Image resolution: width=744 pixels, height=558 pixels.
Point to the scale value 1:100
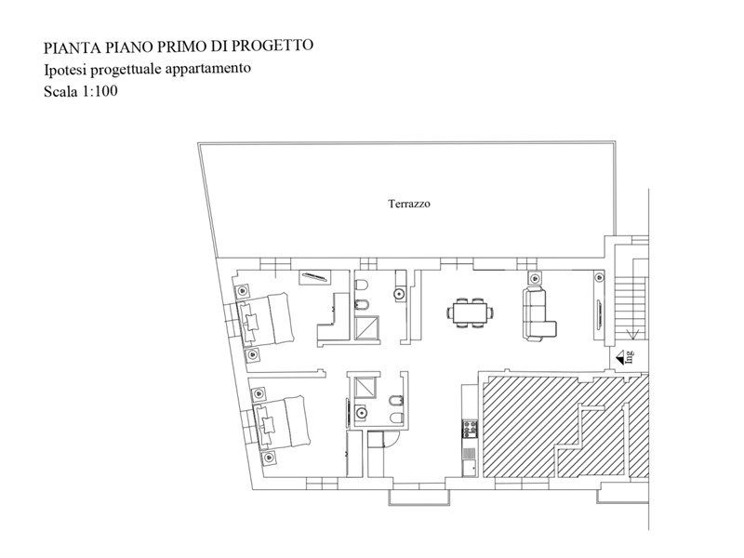point(100,90)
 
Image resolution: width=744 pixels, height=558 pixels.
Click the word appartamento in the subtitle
point(207,69)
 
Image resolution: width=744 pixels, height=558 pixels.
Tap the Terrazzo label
point(409,204)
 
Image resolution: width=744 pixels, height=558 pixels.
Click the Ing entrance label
point(630,356)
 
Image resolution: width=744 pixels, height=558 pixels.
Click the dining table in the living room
point(470,312)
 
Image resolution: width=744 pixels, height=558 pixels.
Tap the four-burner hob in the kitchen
point(470,429)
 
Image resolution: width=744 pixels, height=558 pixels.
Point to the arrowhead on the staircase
point(632,335)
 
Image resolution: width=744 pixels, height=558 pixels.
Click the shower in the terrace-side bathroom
point(367,327)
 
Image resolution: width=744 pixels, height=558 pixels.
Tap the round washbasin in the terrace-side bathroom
point(400,294)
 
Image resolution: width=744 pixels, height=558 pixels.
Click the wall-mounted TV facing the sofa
point(600,315)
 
